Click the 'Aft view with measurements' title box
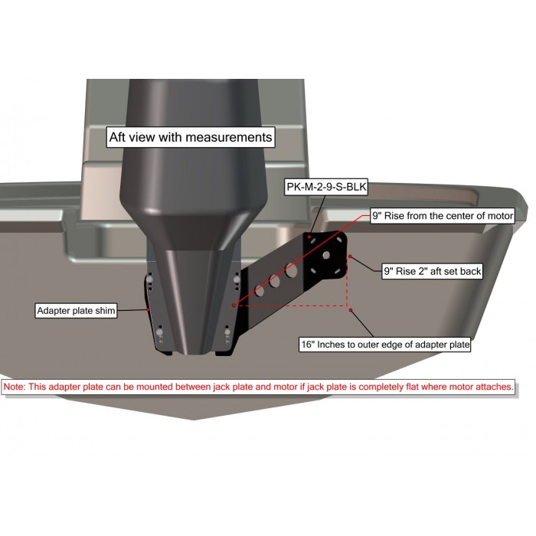pyautogui.click(x=191, y=137)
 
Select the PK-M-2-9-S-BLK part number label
pyautogui.click(x=326, y=187)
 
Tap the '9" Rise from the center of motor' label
pyautogui.click(x=443, y=216)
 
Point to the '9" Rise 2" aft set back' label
pyautogui.click(x=432, y=271)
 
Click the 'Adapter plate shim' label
pyautogui.click(x=76, y=310)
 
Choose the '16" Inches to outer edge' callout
pyautogui.click(x=385, y=345)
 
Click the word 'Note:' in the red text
pyautogui.click(x=15, y=387)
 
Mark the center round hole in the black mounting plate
pyautogui.click(x=326, y=255)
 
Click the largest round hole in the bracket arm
pyautogui.click(x=291, y=270)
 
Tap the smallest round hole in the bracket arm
pyautogui.click(x=260, y=291)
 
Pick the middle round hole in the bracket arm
pyautogui.click(x=274, y=281)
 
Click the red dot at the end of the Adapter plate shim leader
pyautogui.click(x=148, y=309)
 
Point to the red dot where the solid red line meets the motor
pyautogui.click(x=234, y=306)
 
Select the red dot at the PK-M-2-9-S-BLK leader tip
pyautogui.click(x=309, y=237)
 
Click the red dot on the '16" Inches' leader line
pyautogui.click(x=351, y=310)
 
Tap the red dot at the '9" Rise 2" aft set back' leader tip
pyautogui.click(x=350, y=257)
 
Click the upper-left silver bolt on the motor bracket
pyautogui.click(x=149, y=279)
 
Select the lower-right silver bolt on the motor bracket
pyautogui.click(x=227, y=332)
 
